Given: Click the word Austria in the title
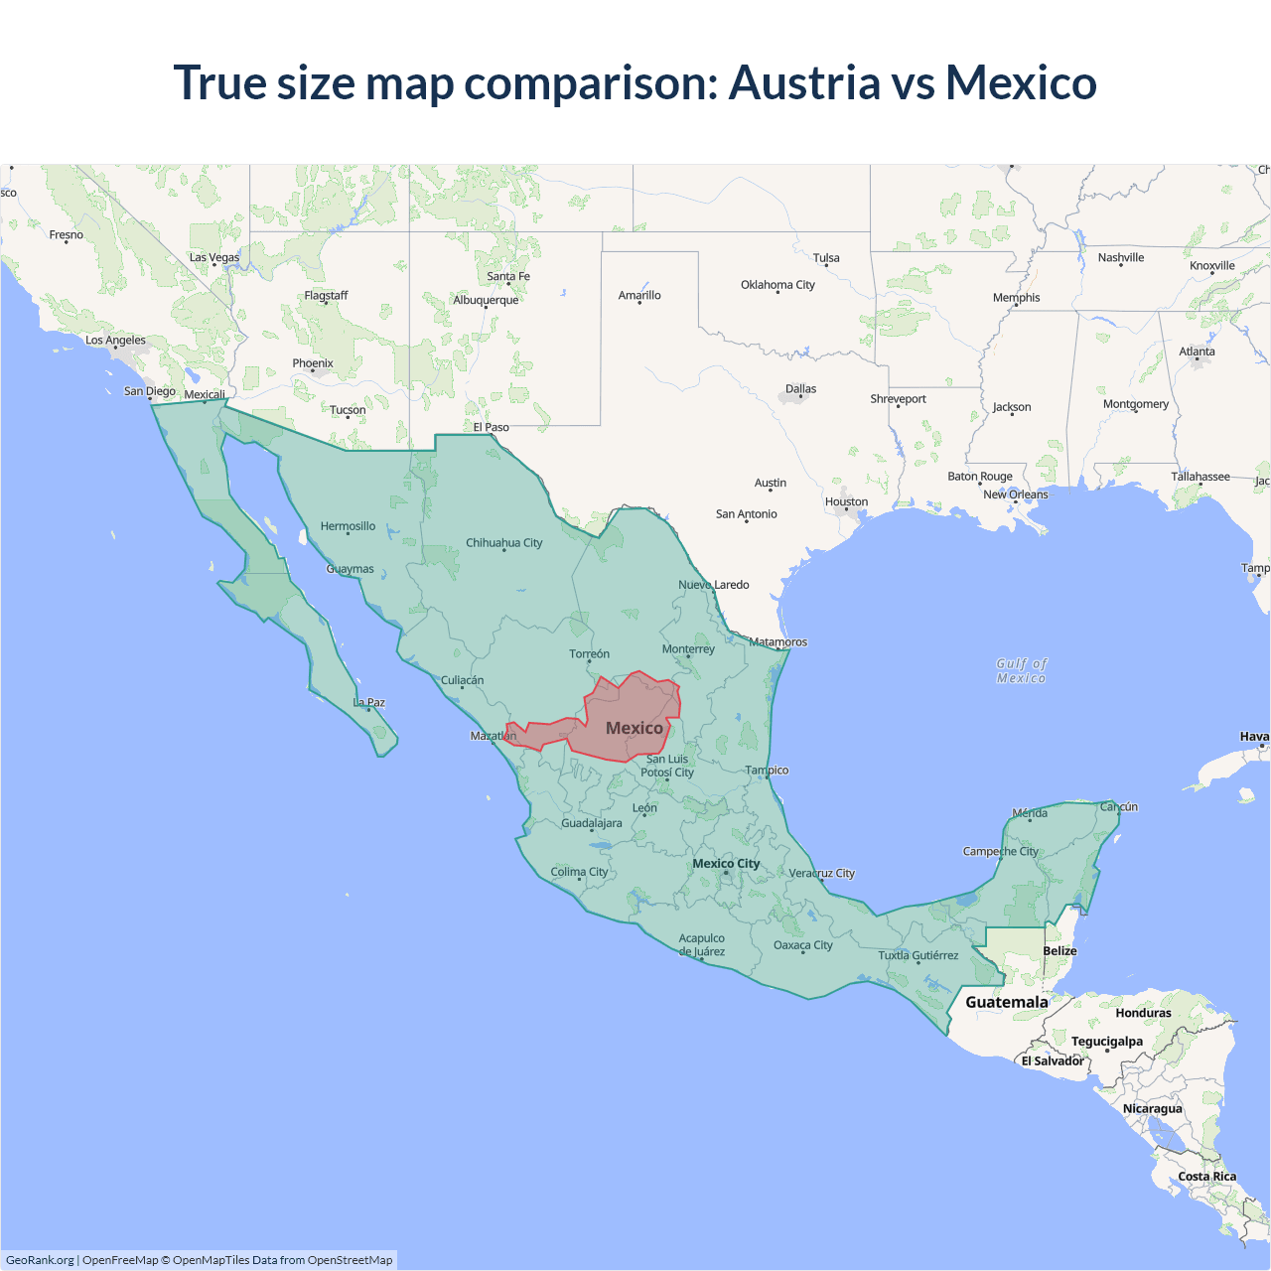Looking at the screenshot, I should [804, 82].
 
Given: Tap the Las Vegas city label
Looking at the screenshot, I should [214, 257].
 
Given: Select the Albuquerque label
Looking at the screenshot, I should [486, 300].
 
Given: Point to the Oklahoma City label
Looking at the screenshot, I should [777, 285].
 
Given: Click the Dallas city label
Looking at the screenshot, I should [800, 389].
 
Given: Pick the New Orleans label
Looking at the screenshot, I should [1015, 494].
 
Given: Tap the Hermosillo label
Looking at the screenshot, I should [348, 526].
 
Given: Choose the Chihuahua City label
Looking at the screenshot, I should [504, 543].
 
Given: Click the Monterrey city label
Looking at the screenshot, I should [688, 649].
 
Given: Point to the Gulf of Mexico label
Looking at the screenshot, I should [1022, 671].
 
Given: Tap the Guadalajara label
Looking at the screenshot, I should [592, 823].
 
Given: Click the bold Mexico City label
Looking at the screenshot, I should [726, 864].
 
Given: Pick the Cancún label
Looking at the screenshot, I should [1119, 807].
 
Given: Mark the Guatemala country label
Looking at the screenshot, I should [1007, 1002].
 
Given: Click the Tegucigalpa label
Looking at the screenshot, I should [1107, 1042].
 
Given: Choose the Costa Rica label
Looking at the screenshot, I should [1207, 1177].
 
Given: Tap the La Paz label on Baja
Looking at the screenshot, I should [369, 703].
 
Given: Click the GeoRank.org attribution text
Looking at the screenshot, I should [40, 1260].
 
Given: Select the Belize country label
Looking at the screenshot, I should [1059, 951].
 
